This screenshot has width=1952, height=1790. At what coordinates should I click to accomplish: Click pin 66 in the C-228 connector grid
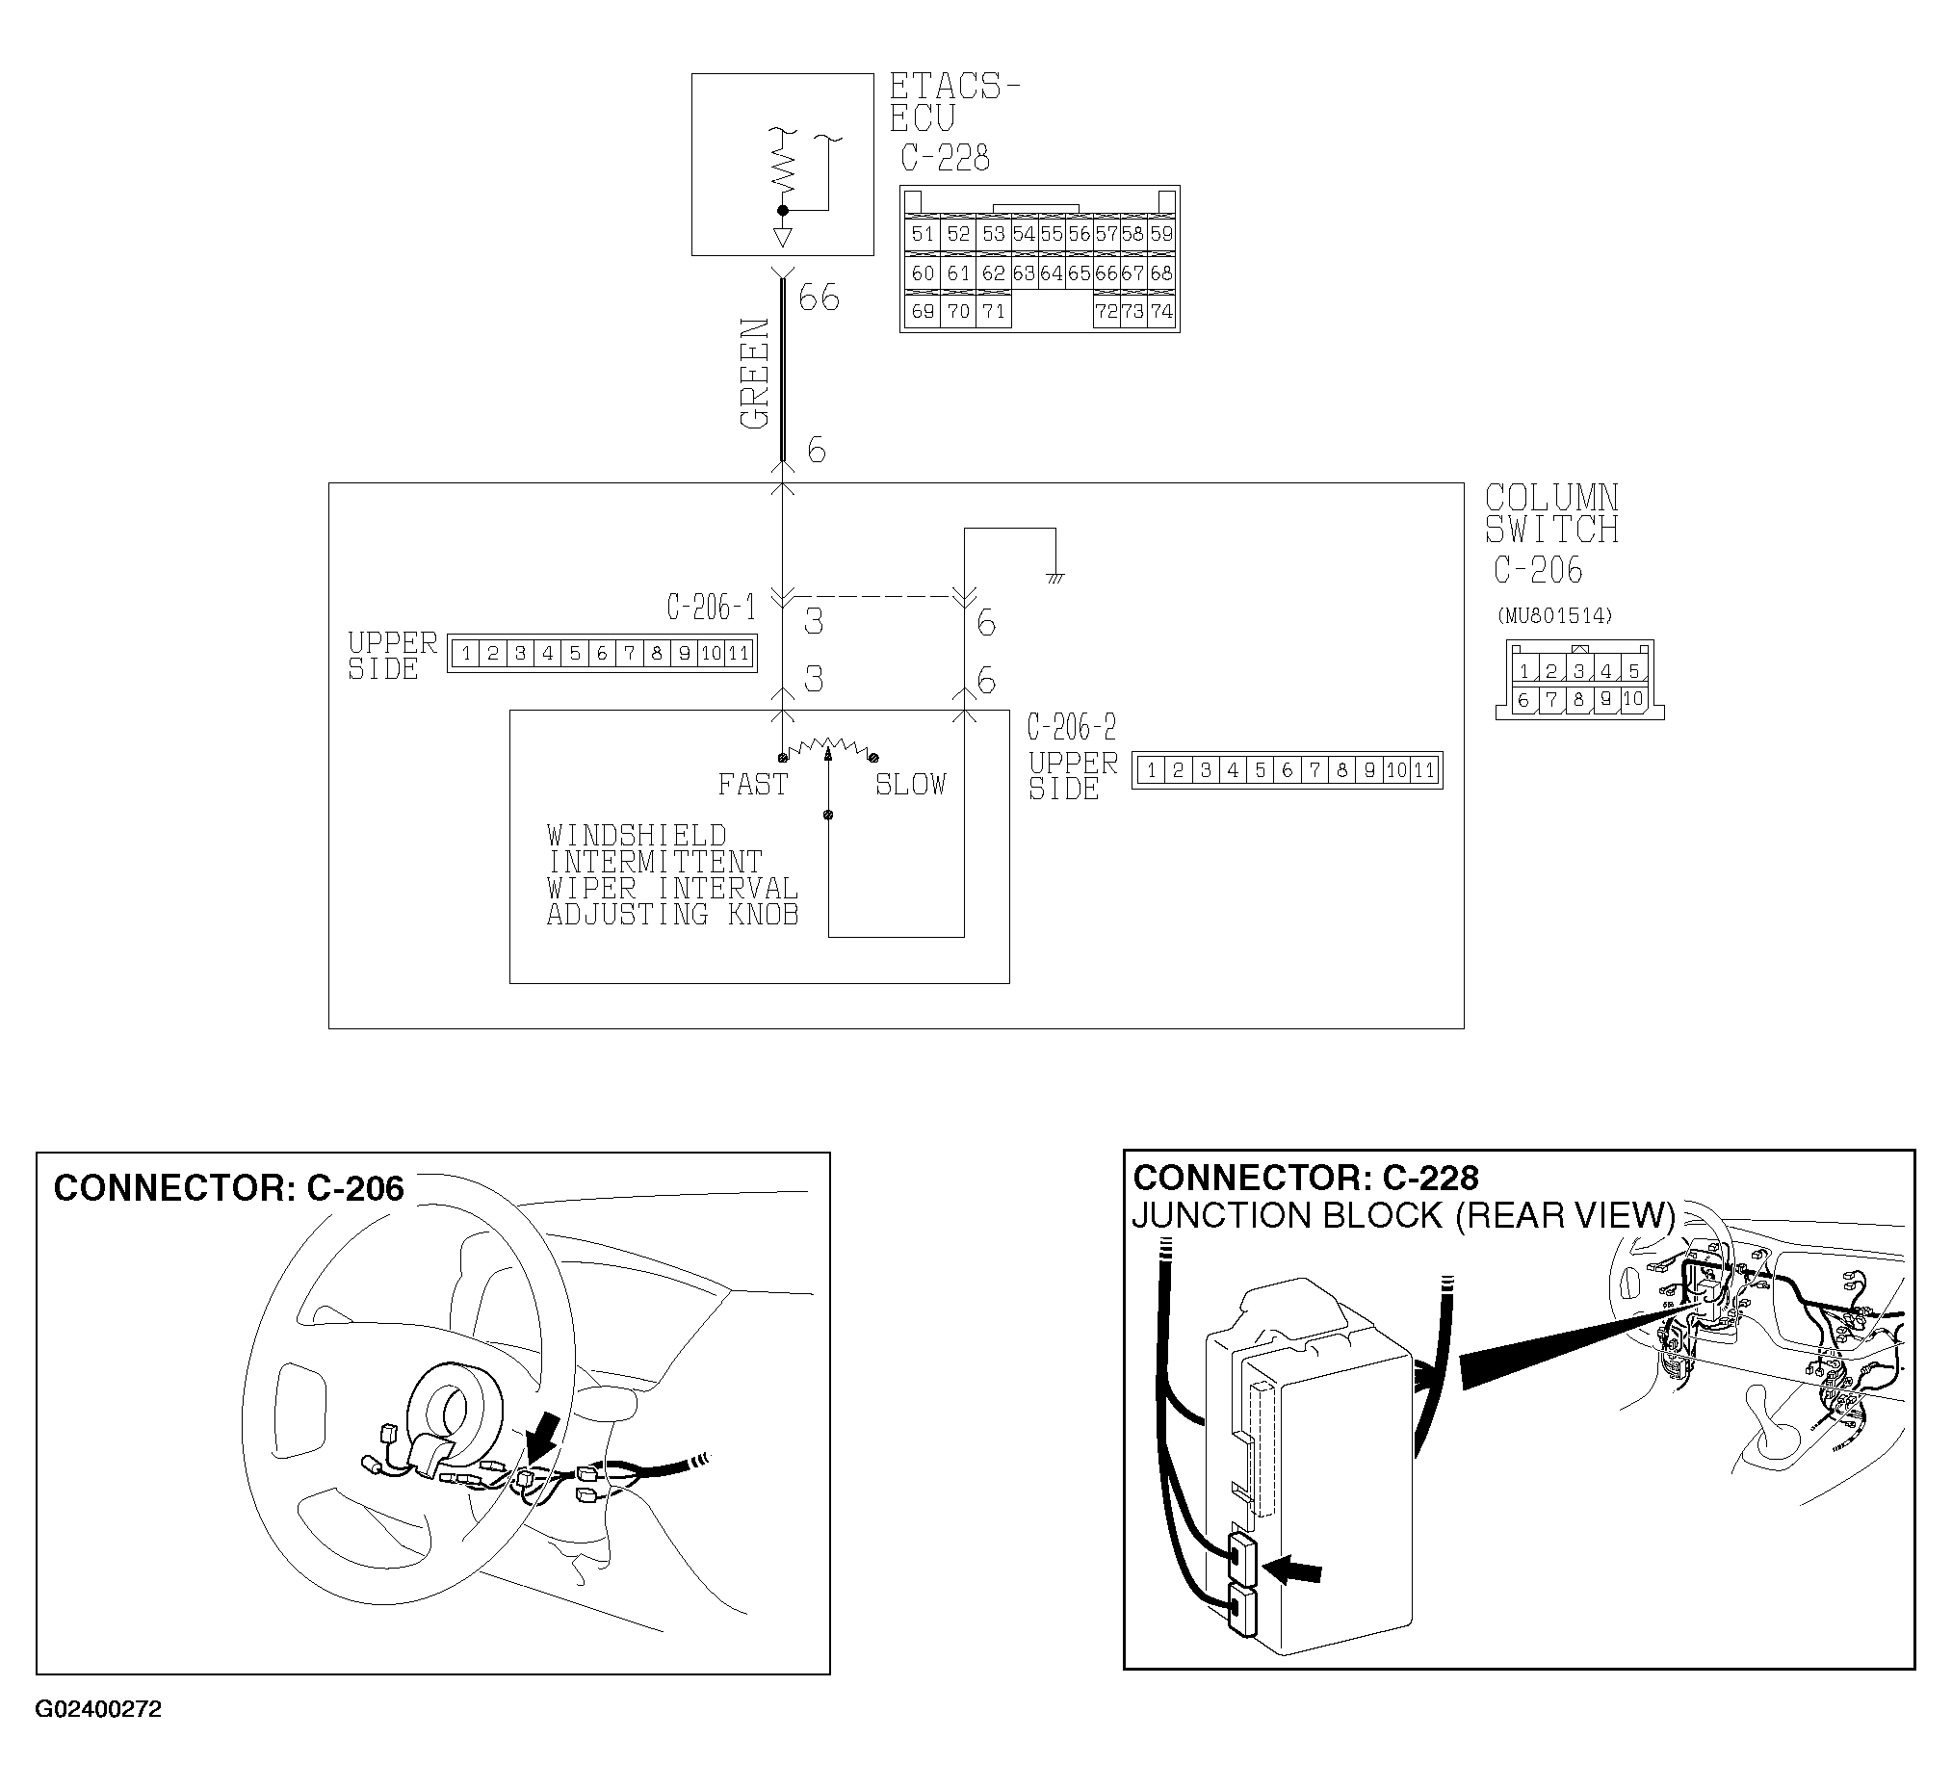[1106, 273]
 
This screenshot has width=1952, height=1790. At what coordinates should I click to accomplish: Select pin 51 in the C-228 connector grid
[923, 233]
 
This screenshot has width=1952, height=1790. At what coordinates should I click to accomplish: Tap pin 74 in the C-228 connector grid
[1161, 311]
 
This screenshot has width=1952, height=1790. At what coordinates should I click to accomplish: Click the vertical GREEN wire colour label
[755, 373]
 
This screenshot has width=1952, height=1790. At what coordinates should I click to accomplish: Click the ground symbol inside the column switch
[1054, 578]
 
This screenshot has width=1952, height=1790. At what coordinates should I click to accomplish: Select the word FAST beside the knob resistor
[753, 784]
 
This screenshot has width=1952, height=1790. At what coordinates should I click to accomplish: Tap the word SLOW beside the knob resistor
[911, 784]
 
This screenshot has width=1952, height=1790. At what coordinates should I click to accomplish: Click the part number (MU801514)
[1555, 615]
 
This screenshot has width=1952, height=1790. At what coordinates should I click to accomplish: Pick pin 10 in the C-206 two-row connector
[1633, 698]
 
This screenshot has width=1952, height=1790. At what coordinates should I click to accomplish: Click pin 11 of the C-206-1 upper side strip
[740, 653]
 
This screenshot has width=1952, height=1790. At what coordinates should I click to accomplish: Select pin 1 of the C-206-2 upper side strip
[1151, 770]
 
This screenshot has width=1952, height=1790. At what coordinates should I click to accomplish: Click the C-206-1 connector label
[710, 608]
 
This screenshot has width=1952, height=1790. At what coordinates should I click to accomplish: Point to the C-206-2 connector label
[1072, 726]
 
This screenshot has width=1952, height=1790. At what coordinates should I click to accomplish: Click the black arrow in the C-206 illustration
[543, 1435]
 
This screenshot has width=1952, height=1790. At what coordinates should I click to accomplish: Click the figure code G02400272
[98, 1737]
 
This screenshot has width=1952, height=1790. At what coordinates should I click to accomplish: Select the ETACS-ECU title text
[953, 102]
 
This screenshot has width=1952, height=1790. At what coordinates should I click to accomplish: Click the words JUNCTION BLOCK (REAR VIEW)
[1403, 1214]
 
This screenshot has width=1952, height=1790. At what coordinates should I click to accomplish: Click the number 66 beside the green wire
[819, 298]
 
